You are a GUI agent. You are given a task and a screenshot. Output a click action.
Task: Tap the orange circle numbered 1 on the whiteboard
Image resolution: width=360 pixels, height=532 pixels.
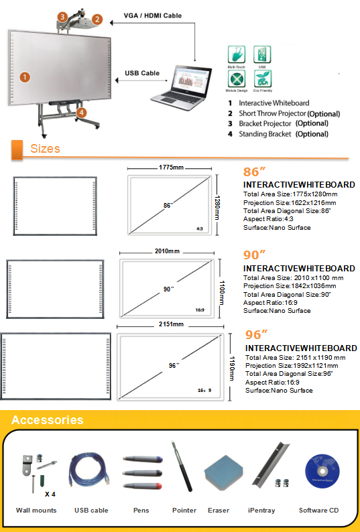(x=25, y=77)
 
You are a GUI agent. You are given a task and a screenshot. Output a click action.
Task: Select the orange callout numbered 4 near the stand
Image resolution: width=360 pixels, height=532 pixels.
(x=81, y=113)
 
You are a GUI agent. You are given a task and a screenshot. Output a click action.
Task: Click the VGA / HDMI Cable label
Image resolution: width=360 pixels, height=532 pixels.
(x=153, y=15)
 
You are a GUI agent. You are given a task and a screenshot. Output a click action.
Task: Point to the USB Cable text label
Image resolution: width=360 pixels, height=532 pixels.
(x=142, y=74)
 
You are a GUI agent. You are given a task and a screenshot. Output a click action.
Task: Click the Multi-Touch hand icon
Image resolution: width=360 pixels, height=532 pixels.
(x=236, y=55)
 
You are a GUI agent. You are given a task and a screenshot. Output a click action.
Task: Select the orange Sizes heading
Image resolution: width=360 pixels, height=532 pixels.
(x=45, y=149)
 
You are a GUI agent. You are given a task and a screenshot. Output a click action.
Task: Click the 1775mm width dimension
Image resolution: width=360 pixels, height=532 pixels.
(x=172, y=167)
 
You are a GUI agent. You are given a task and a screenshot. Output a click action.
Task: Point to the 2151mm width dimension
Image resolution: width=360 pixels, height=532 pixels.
(x=171, y=324)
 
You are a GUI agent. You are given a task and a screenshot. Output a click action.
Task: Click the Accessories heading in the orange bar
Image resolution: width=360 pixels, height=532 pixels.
(x=48, y=421)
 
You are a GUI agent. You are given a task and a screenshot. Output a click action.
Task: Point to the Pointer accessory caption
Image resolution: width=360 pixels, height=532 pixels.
(x=184, y=511)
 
